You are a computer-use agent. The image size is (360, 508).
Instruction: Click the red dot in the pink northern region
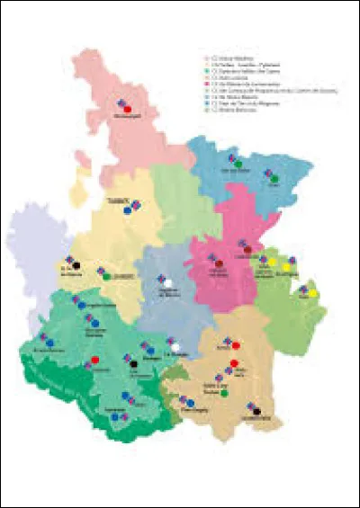[129, 110]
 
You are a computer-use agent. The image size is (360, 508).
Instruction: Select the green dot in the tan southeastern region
[223, 393]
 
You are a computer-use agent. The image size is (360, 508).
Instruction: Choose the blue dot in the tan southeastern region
[190, 404]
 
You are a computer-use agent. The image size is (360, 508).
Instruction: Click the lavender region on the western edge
[31, 252]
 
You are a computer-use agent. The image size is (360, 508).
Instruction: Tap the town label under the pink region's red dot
[128, 118]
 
